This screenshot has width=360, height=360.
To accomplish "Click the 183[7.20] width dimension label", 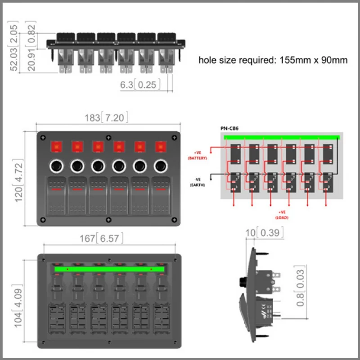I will point(107,118).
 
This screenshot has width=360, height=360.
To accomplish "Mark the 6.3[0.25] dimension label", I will point(140,85).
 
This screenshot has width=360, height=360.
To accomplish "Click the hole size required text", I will point(273,60).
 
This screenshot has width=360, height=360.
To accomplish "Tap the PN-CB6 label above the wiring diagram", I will point(229,128).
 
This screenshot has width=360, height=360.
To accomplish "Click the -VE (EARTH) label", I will point(196,182).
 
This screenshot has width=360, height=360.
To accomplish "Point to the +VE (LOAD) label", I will point(281,215).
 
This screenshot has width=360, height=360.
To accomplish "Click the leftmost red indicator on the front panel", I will point(56,147).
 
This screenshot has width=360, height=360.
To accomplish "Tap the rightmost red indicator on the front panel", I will point(161,147).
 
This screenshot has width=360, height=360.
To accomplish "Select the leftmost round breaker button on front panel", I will point(56,166).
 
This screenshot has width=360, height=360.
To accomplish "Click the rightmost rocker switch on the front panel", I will point(161,197).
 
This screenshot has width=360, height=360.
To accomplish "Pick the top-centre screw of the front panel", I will point(108,137).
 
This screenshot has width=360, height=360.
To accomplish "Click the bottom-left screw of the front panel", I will point(43,220).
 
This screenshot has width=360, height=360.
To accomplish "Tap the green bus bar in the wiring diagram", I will point(281,137).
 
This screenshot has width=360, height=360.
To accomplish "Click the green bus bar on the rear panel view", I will point(109,269).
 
